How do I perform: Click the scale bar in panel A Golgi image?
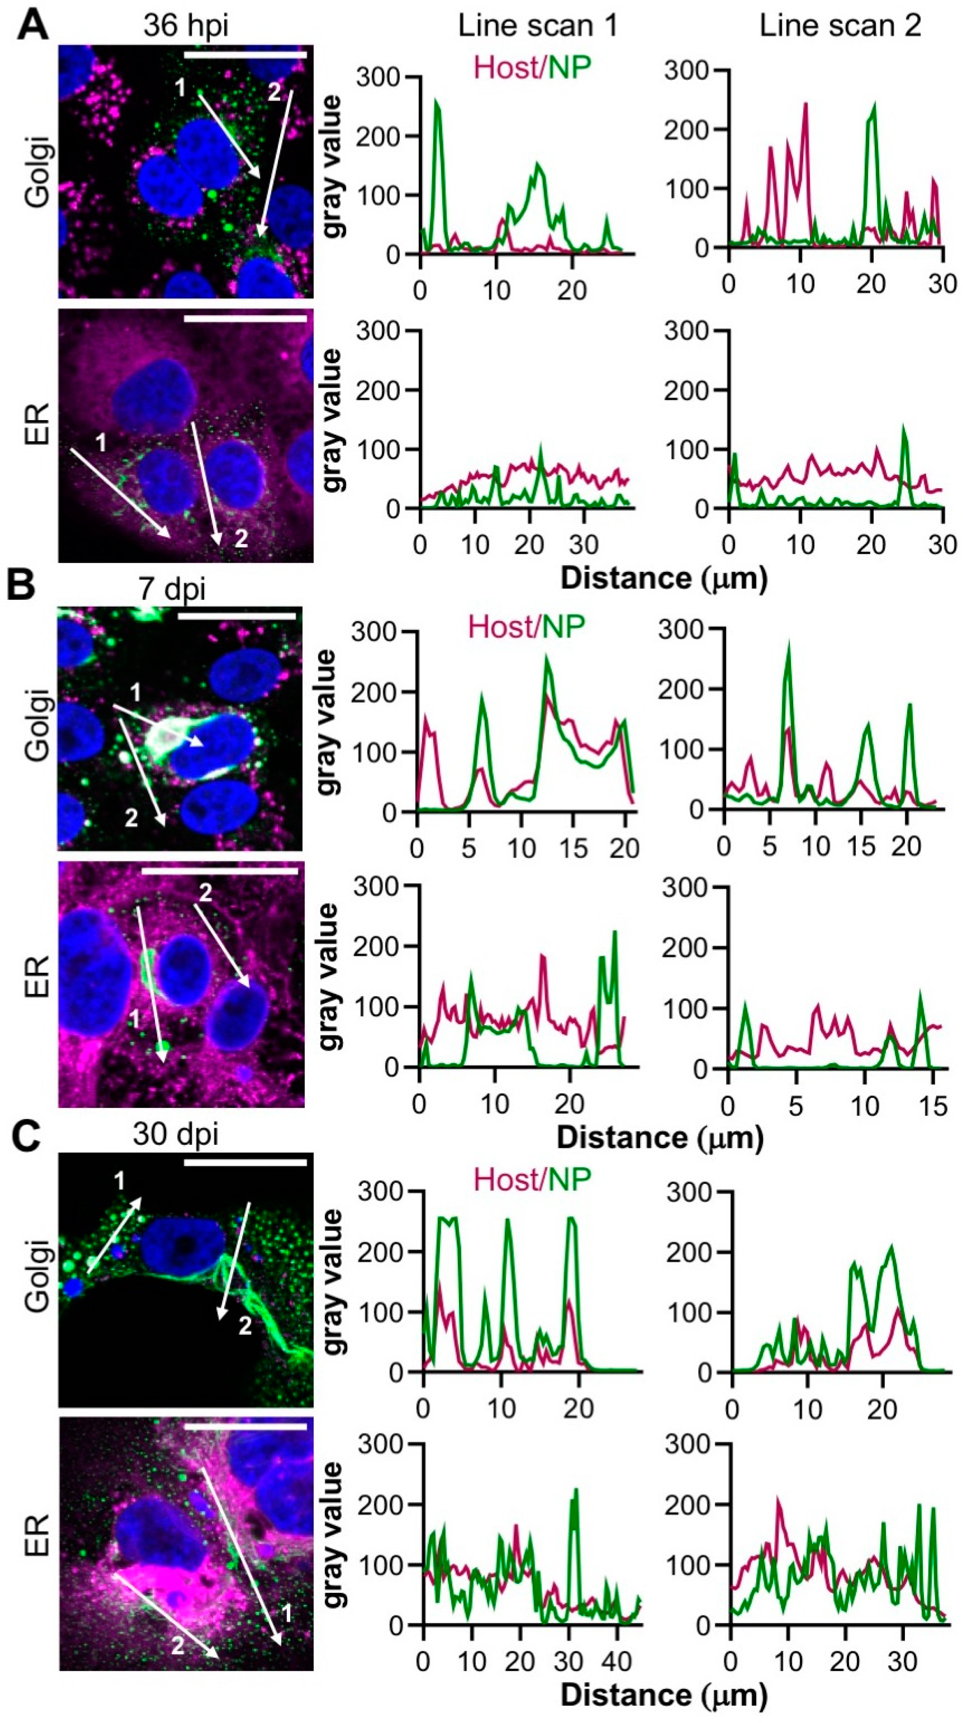click(x=245, y=54)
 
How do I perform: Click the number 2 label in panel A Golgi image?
click(x=274, y=93)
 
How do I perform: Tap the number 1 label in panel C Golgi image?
click(x=120, y=1181)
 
